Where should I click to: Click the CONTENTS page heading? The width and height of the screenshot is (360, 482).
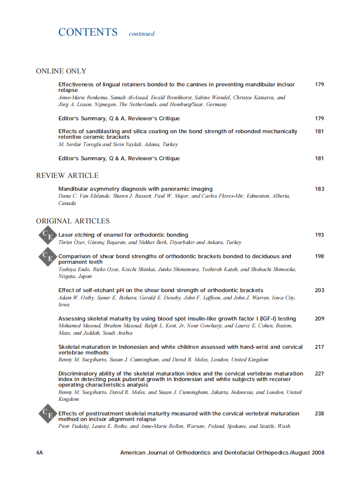coord(88,32)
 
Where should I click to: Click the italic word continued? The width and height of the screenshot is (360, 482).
coord(142,34)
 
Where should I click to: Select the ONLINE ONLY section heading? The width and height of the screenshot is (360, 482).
coord(61,71)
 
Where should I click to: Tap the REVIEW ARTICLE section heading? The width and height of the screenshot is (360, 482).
coord(67,176)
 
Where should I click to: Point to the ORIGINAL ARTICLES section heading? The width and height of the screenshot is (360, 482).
coord(73,221)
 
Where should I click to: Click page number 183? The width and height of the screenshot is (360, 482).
coord(319,189)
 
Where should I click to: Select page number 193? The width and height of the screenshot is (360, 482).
coord(319,235)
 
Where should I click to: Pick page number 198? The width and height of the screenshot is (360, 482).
coord(319,256)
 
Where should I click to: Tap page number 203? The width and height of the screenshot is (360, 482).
coord(319,290)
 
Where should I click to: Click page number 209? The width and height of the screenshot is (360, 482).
coord(319,319)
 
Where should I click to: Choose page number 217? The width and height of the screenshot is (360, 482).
coord(319,347)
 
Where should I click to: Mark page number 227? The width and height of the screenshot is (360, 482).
coord(319,374)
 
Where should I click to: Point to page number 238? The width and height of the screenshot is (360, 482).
coord(319,414)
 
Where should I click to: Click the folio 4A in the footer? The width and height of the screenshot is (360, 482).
coord(40,453)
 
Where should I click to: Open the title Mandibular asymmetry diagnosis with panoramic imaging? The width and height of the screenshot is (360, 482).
coord(135,189)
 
